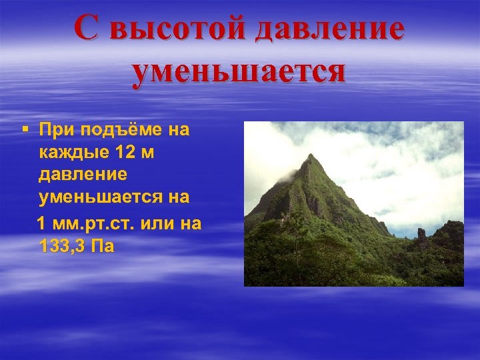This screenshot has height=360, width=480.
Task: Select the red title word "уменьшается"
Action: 239,72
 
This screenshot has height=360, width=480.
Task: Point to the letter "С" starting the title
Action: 87,29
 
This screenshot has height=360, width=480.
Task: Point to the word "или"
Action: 156,222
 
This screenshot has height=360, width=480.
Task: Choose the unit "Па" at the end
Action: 105,246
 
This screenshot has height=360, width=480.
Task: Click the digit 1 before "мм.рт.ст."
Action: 43,222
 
